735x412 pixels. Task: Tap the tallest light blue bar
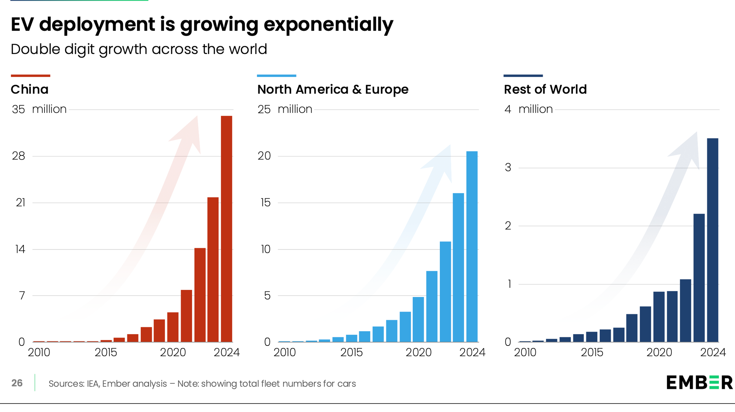coord(472,246)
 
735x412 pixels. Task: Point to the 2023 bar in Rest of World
coord(699,278)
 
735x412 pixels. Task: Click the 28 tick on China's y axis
coord(18,156)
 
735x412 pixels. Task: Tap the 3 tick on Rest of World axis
coord(508,168)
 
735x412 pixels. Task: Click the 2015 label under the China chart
coord(105,352)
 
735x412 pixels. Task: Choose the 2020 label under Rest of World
coord(659,352)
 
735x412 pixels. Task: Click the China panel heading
coord(29,89)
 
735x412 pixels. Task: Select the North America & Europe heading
coord(333,89)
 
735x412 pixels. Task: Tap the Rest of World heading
coord(545,89)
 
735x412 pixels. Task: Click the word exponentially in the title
coord(328,25)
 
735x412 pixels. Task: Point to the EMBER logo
coord(699,383)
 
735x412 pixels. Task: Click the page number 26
coord(17,383)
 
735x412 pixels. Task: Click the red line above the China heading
coord(31,76)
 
